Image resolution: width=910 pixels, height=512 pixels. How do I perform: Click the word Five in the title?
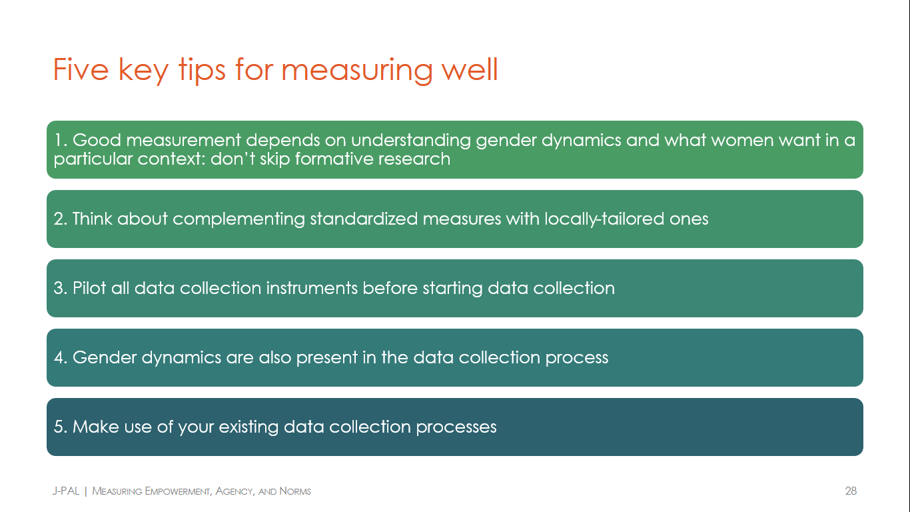click(x=81, y=69)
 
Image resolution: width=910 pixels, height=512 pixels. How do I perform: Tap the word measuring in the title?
click(x=357, y=71)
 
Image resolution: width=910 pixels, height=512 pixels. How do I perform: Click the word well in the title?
click(x=470, y=69)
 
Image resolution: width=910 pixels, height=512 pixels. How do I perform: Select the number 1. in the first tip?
click(x=61, y=140)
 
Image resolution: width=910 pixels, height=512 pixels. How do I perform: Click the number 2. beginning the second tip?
click(x=61, y=219)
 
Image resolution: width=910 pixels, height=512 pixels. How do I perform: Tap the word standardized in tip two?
click(x=364, y=219)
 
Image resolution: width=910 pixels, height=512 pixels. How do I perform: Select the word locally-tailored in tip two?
click(x=604, y=219)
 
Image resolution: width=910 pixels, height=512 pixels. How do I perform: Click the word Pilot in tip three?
click(x=89, y=288)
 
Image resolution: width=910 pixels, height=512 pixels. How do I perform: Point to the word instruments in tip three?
click(x=312, y=288)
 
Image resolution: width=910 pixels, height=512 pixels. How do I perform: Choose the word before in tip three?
click(x=390, y=288)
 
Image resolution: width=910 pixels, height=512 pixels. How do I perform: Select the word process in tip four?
click(x=577, y=358)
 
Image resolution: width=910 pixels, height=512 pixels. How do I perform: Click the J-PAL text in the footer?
click(x=66, y=491)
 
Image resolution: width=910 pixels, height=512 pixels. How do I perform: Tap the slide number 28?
click(x=851, y=491)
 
